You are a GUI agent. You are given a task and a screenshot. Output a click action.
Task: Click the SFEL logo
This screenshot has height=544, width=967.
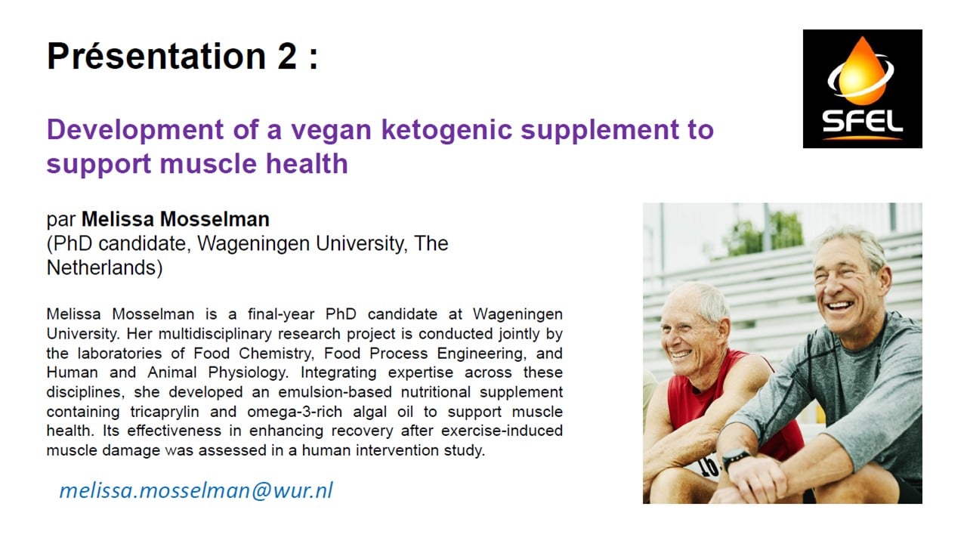click(x=862, y=89)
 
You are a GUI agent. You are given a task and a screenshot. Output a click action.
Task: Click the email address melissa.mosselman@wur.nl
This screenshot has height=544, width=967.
click(x=196, y=490)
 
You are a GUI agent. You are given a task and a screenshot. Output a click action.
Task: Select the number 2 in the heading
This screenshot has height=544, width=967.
click(x=287, y=56)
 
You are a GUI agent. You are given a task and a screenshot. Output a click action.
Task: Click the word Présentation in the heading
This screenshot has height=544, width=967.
click(x=156, y=56)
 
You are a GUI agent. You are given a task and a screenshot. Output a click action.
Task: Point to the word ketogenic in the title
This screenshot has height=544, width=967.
click(x=446, y=129)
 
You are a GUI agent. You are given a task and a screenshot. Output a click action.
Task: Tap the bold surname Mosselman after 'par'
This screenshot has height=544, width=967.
click(x=215, y=219)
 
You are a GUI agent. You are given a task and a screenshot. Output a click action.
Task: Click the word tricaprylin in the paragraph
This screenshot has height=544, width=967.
click(x=165, y=412)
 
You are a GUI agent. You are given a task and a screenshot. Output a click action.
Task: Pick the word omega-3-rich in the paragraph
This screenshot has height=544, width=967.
click(x=295, y=412)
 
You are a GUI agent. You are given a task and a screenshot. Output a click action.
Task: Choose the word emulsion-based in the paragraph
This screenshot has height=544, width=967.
click(x=335, y=392)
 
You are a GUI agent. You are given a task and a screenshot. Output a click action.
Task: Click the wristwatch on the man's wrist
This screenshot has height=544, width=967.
click(x=736, y=458)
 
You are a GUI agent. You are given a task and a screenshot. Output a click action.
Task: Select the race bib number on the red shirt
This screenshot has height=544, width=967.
click(x=708, y=466)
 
